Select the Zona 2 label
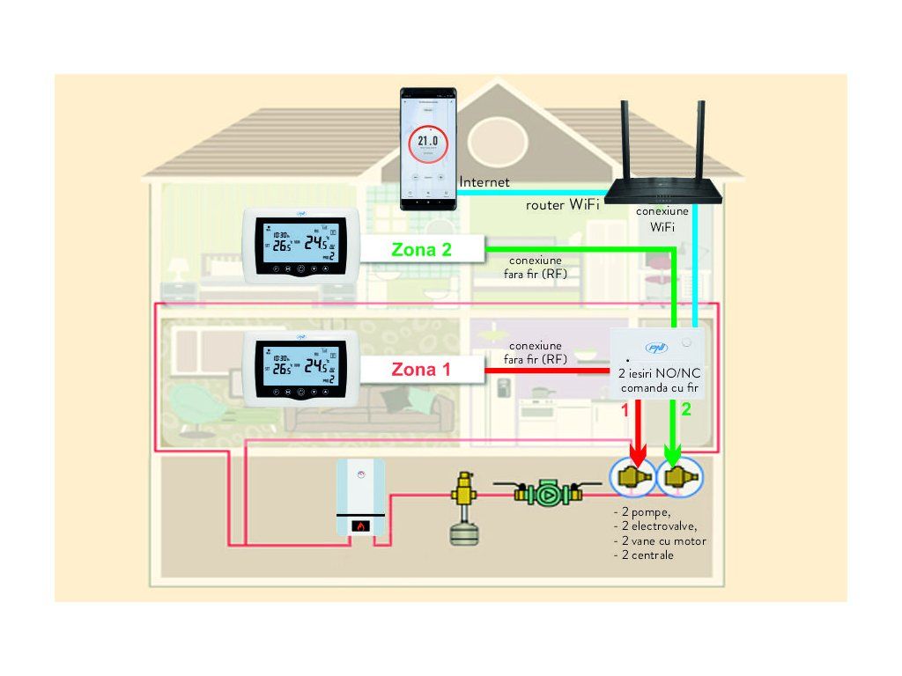click(422, 249)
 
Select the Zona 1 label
click(422, 370)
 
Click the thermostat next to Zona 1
click(301, 368)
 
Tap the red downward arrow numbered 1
click(639, 436)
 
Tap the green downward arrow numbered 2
click(674, 436)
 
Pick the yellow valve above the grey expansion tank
click(462, 488)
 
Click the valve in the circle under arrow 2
click(679, 478)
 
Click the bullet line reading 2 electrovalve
click(654, 526)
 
